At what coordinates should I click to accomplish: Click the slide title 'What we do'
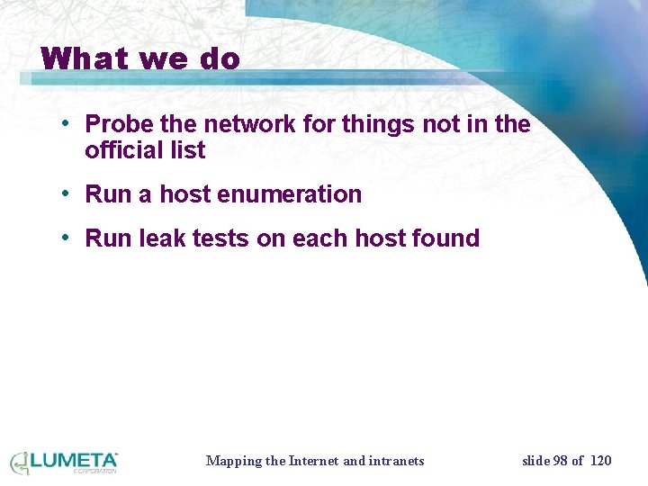[140, 59]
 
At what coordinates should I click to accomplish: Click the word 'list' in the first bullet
[189, 151]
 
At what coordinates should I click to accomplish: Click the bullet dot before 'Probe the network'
[67, 123]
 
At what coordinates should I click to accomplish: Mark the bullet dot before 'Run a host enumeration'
[67, 193]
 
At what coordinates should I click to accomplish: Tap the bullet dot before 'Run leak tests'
[67, 238]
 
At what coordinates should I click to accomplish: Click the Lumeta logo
[64, 463]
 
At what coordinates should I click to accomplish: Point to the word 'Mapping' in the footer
[233, 461]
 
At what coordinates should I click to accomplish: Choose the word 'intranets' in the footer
[397, 461]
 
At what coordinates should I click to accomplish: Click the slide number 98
[561, 461]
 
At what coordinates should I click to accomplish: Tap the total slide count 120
[600, 461]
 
